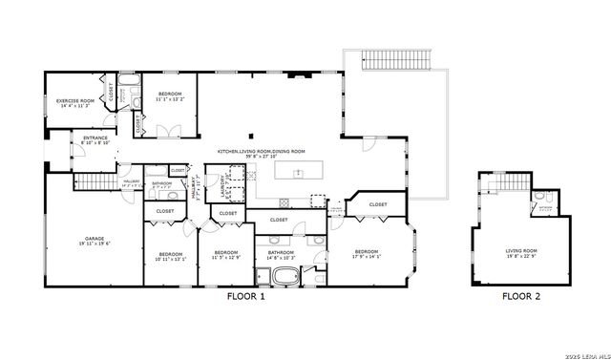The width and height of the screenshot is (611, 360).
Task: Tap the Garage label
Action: (x=94, y=242)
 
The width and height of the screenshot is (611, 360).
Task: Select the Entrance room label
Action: (x=95, y=141)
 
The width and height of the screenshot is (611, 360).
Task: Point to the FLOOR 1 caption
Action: (x=244, y=297)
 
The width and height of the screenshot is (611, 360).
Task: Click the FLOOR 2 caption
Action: (x=521, y=297)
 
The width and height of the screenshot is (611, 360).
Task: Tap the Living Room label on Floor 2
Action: (x=521, y=253)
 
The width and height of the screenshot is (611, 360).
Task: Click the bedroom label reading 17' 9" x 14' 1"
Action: (x=366, y=254)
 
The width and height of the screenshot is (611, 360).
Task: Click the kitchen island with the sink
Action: (x=298, y=173)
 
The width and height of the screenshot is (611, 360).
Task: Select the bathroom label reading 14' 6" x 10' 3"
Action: (x=281, y=255)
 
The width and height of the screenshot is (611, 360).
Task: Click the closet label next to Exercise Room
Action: (x=111, y=93)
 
